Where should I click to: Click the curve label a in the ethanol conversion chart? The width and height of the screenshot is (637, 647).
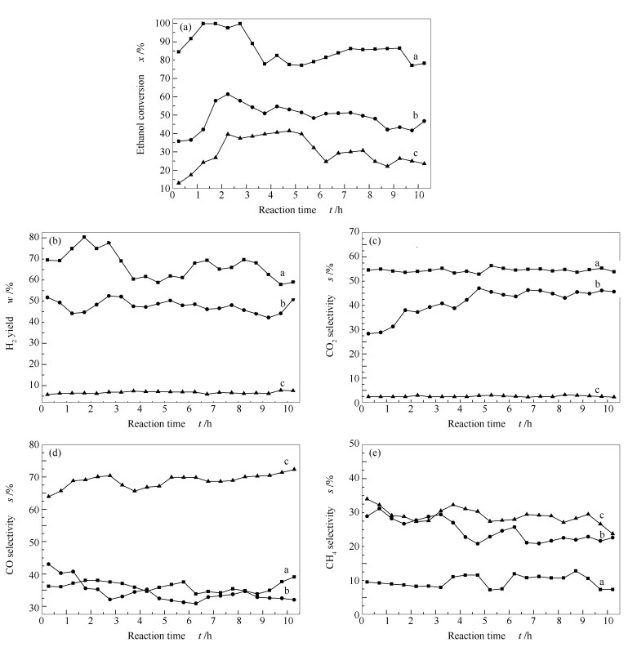click(x=416, y=56)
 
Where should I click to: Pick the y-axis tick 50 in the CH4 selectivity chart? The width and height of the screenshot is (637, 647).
click(x=350, y=442)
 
